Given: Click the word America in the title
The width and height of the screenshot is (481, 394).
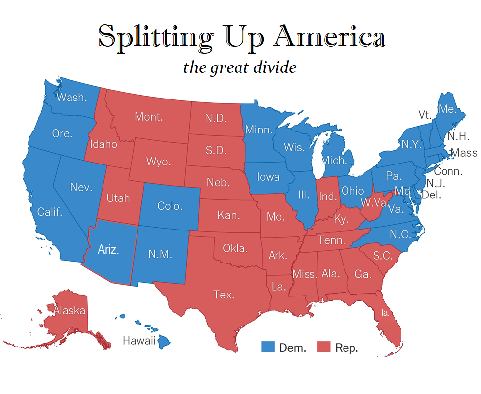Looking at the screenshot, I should coord(330,37).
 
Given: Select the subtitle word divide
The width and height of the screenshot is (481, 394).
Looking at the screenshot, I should coord(275,67).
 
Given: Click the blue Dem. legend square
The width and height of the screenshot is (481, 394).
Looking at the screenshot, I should coord(267,347).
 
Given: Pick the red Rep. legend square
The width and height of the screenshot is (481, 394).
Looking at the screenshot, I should coord(323,347).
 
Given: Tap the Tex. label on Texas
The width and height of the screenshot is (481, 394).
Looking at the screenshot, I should coord(224,295).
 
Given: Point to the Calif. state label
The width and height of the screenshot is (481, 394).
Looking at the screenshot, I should coord(50,212).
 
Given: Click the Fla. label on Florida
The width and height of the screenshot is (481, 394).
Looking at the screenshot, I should coord(383,312).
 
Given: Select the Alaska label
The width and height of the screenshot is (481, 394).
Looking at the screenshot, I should coord(69,310).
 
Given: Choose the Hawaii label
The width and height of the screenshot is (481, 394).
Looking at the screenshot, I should coord(139,340).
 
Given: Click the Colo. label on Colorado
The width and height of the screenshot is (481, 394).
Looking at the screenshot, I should coord(170,206).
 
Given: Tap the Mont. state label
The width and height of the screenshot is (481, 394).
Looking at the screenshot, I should coord(149,117).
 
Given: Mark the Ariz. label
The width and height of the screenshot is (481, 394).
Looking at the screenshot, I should coord(108,249).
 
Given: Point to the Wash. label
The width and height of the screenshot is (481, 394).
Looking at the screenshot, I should coord(71,97).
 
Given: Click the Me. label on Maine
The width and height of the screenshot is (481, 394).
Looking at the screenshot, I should coord(448,109).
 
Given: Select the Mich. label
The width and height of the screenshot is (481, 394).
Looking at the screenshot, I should coord(334,160).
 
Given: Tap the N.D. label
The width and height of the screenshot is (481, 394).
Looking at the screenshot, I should coord(215,118).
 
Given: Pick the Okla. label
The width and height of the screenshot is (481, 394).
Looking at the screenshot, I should coord(235,248).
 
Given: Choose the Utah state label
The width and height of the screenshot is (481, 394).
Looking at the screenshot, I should coord(118,197).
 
